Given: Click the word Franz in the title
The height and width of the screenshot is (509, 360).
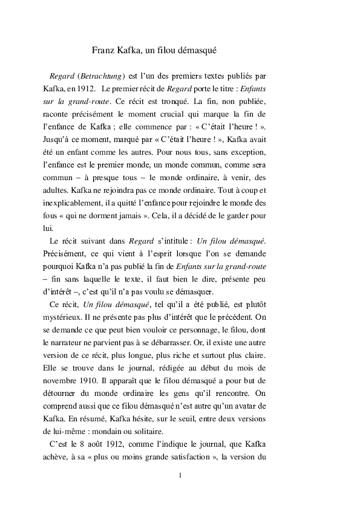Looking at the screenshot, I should pos(103,51).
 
